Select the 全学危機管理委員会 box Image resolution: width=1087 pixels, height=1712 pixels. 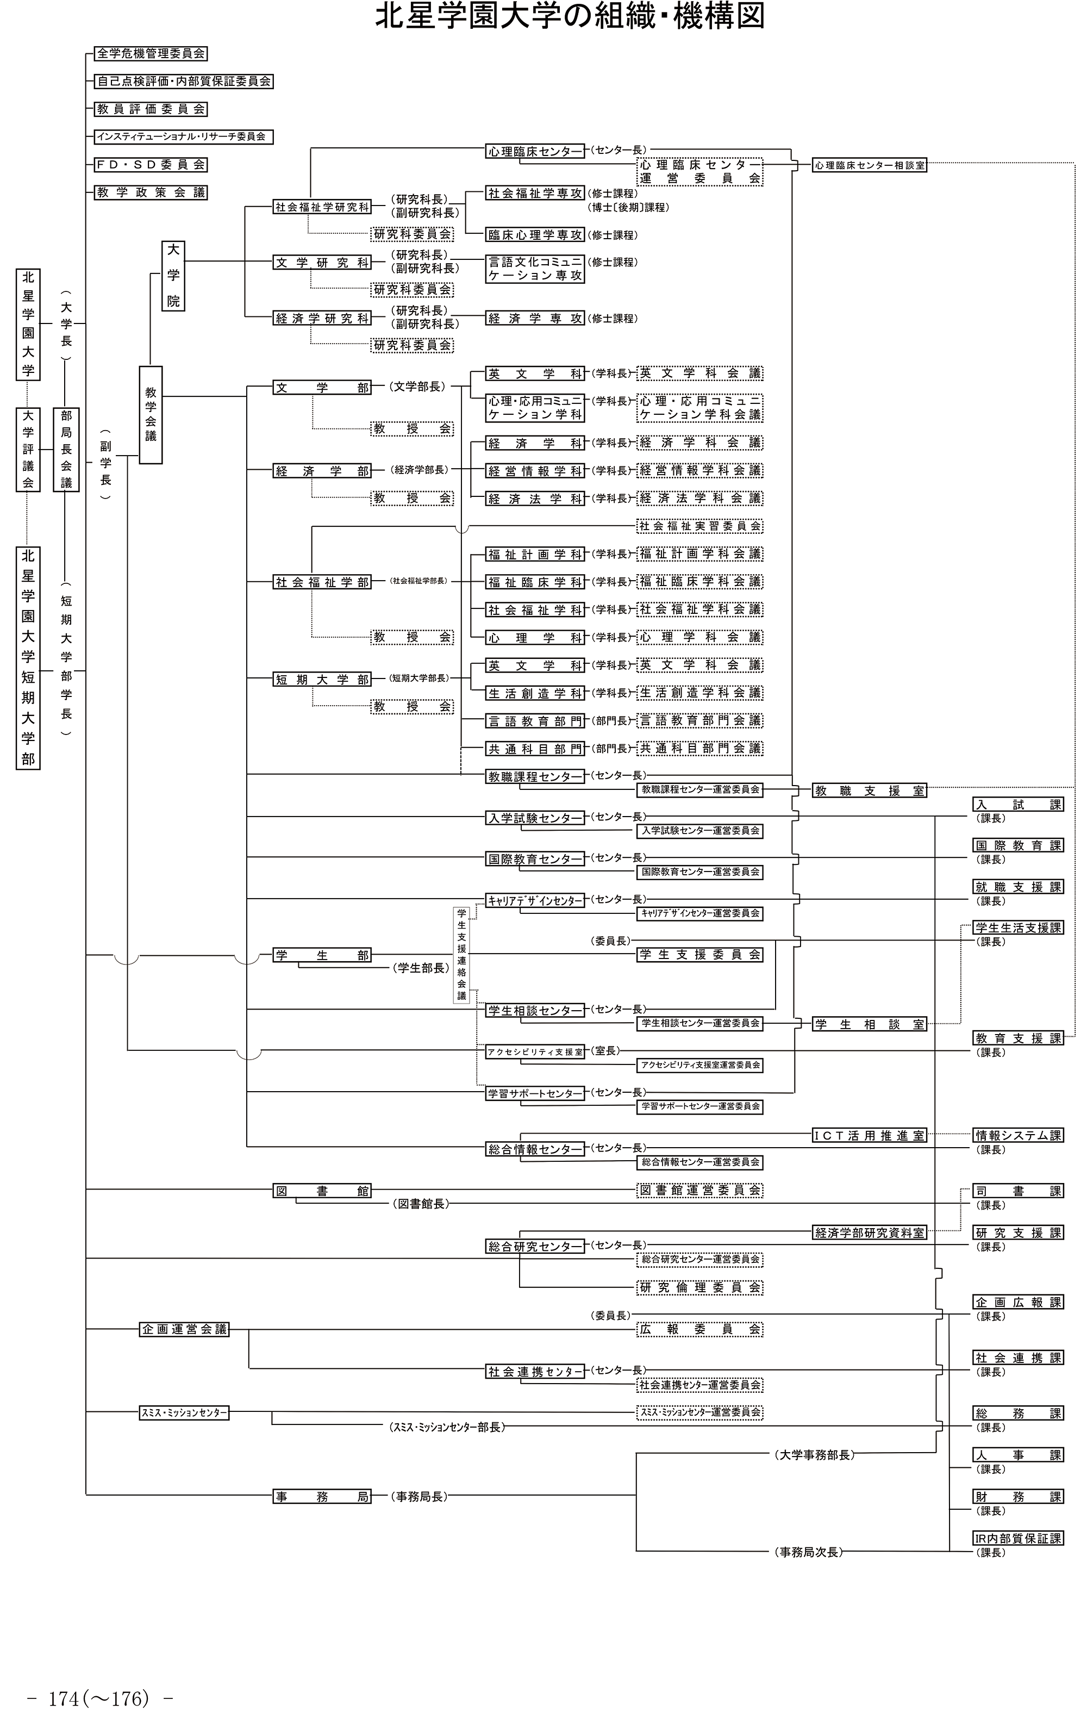click(151, 53)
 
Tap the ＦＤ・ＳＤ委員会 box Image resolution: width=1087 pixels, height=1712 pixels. click(151, 164)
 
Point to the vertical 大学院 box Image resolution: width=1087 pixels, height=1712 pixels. click(173, 276)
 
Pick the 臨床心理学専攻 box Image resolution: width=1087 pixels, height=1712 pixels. click(535, 235)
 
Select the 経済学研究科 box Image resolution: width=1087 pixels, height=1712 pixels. click(323, 319)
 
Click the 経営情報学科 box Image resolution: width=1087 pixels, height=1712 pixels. click(535, 471)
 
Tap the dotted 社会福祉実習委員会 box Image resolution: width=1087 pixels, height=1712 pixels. click(699, 526)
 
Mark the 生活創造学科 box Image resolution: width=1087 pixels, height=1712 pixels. click(535, 693)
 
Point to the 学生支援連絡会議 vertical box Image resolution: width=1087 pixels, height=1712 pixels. click(462, 954)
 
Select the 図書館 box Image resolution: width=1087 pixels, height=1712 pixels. click(323, 1191)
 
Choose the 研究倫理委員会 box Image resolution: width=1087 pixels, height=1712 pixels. click(699, 1287)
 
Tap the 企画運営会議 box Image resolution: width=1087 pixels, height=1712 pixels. click(184, 1329)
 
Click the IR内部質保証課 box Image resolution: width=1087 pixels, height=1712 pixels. click(1018, 1538)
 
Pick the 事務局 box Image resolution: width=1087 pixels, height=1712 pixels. click(323, 1497)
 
